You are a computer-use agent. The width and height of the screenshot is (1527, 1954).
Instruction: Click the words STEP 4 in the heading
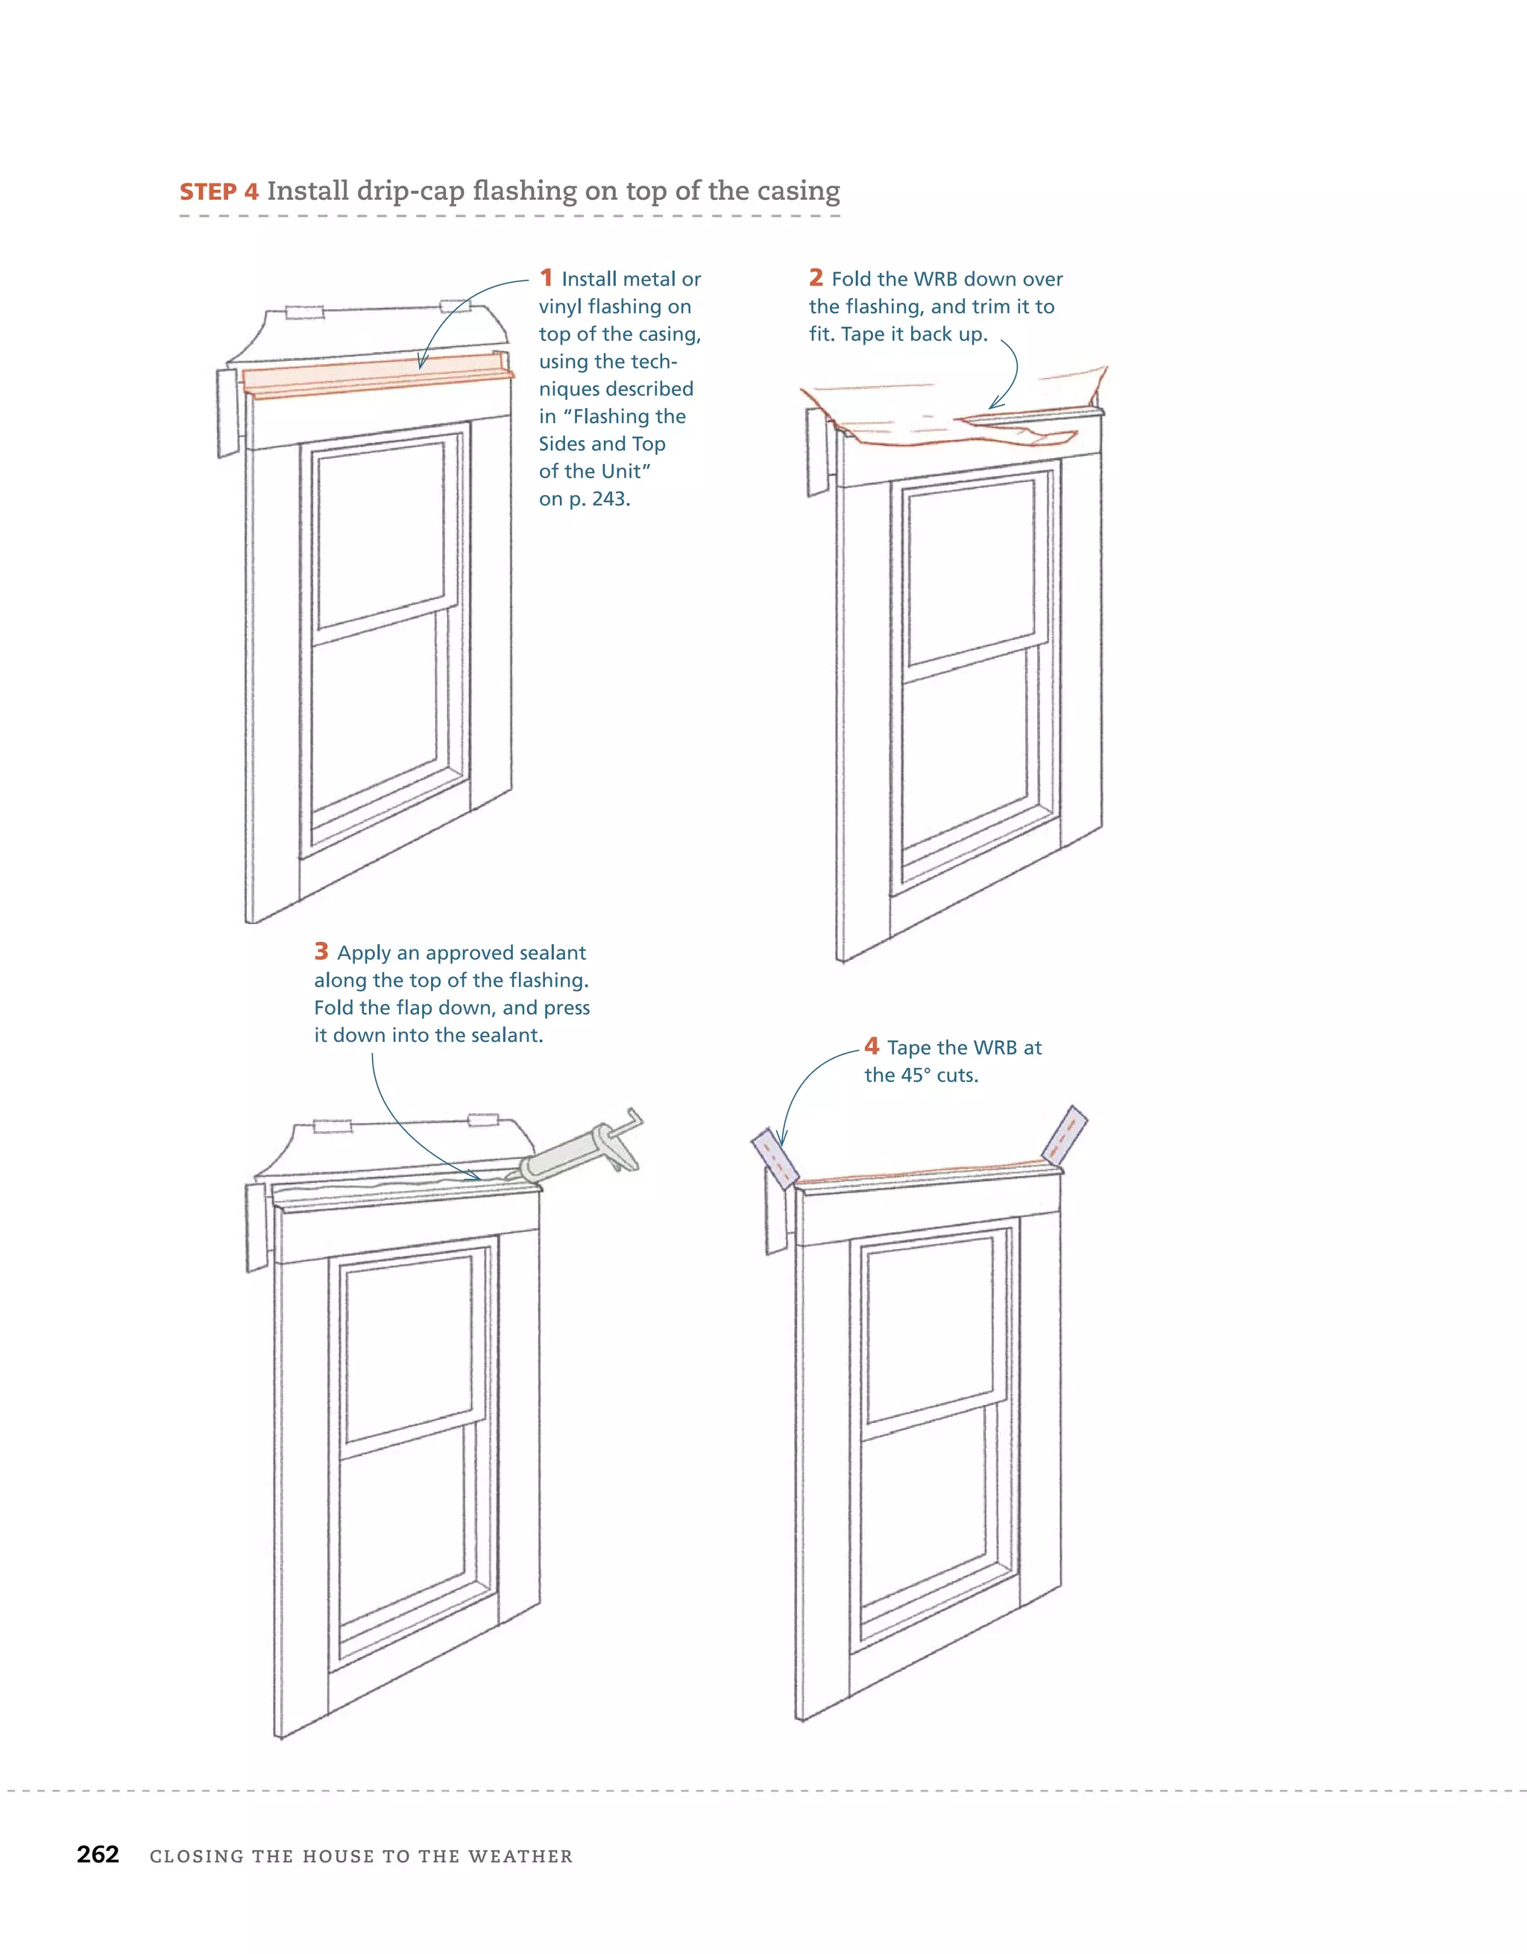click(219, 192)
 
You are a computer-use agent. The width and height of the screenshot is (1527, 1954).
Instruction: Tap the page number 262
click(98, 1855)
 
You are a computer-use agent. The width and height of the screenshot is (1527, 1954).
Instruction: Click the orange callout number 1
click(546, 277)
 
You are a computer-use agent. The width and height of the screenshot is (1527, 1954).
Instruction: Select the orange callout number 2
click(816, 277)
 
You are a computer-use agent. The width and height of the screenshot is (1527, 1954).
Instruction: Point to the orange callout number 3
click(321, 951)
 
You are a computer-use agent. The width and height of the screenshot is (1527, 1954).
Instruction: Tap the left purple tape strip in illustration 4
click(775, 1156)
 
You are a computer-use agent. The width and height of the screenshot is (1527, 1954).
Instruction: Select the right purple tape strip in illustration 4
click(1065, 1134)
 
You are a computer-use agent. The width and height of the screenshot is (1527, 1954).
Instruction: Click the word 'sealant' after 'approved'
click(552, 953)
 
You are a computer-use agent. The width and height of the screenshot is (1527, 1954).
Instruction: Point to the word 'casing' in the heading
click(798, 192)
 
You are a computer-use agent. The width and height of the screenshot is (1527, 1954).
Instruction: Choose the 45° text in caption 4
click(918, 1075)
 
